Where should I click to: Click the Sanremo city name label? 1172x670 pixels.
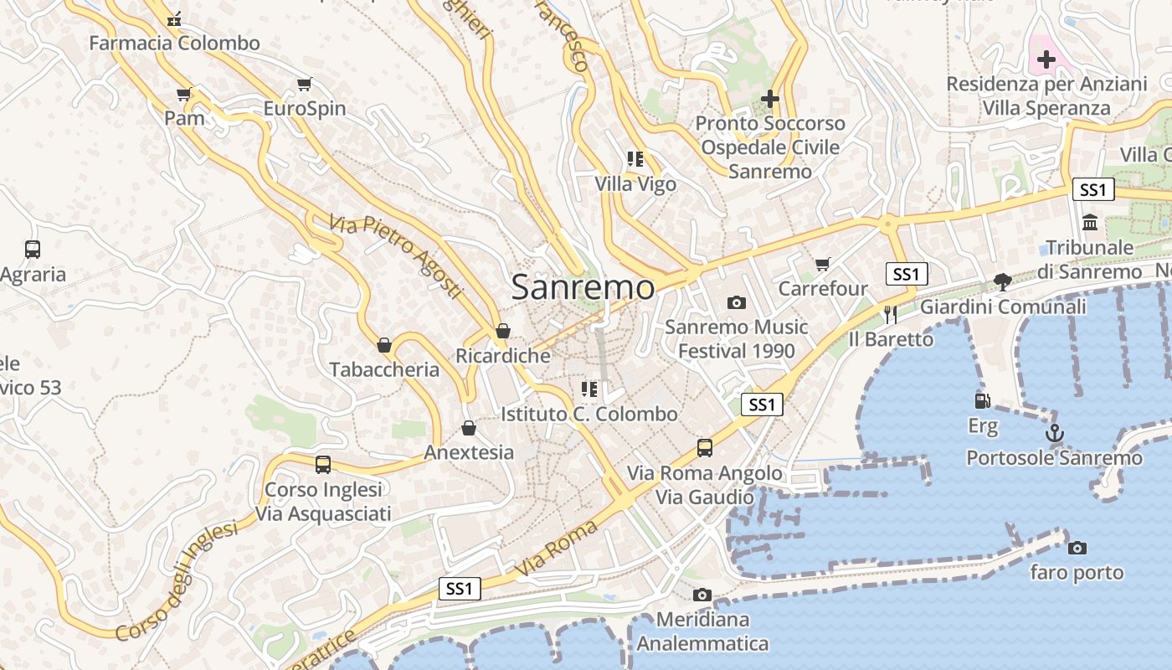(x=583, y=287)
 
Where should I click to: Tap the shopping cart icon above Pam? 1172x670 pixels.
(x=183, y=95)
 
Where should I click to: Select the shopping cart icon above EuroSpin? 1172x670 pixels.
(x=304, y=85)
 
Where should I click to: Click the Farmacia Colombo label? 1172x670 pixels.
(x=174, y=43)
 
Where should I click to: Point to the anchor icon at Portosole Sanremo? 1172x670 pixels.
(x=1054, y=434)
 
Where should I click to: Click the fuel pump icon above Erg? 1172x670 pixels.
(x=983, y=402)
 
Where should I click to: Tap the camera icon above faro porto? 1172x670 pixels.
(x=1077, y=549)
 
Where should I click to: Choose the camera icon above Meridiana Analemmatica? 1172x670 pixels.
(x=702, y=595)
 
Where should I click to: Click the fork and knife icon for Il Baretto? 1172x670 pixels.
(x=890, y=315)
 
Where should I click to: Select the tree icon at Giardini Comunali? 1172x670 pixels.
(x=1002, y=282)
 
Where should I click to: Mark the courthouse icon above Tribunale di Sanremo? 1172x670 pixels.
(x=1090, y=223)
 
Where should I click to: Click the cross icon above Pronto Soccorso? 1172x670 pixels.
(x=769, y=99)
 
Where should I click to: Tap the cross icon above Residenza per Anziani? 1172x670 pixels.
(x=1046, y=59)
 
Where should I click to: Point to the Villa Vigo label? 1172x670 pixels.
(x=635, y=183)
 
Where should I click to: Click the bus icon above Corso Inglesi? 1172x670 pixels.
(x=323, y=465)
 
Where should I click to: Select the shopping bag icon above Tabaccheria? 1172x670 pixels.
(x=384, y=345)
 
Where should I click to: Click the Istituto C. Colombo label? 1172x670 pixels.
(x=589, y=414)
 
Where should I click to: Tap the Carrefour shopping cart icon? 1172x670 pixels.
(x=823, y=265)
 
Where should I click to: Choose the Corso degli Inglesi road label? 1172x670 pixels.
(x=177, y=580)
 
